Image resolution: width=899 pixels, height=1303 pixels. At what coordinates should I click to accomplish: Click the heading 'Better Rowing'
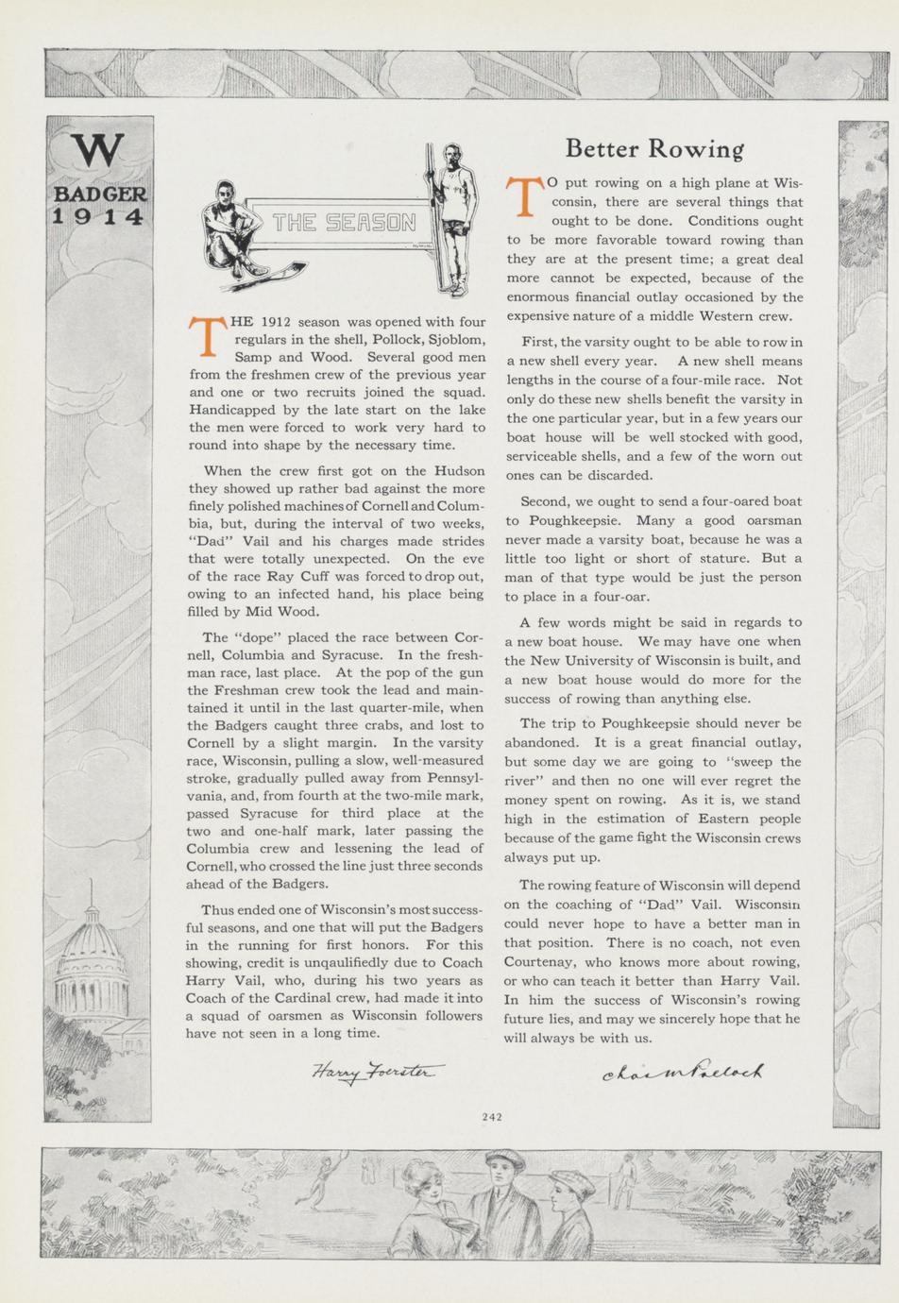click(x=654, y=148)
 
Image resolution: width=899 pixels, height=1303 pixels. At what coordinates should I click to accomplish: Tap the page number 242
click(x=491, y=1117)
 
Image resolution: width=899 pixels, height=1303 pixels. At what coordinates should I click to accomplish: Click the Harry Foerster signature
click(x=375, y=1072)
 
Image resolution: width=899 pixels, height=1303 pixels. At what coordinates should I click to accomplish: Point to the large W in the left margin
click(x=98, y=151)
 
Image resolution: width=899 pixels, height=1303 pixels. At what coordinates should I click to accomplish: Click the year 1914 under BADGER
click(x=98, y=216)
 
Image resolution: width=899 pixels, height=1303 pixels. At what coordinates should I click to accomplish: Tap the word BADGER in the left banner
click(x=98, y=194)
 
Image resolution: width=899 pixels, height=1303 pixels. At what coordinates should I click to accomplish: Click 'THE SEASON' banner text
click(x=344, y=224)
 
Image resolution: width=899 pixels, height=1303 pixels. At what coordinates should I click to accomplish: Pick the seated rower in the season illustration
click(x=228, y=227)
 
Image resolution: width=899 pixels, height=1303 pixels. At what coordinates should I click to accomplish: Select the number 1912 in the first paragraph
click(x=280, y=323)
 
